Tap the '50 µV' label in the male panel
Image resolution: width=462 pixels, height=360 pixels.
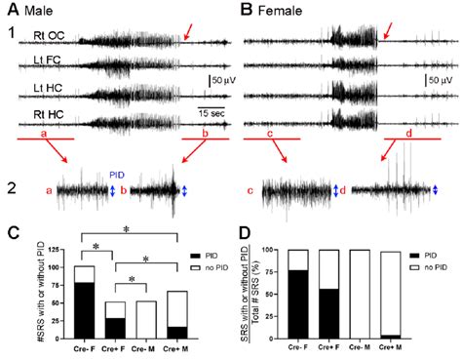pyautogui.click(x=220, y=78)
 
